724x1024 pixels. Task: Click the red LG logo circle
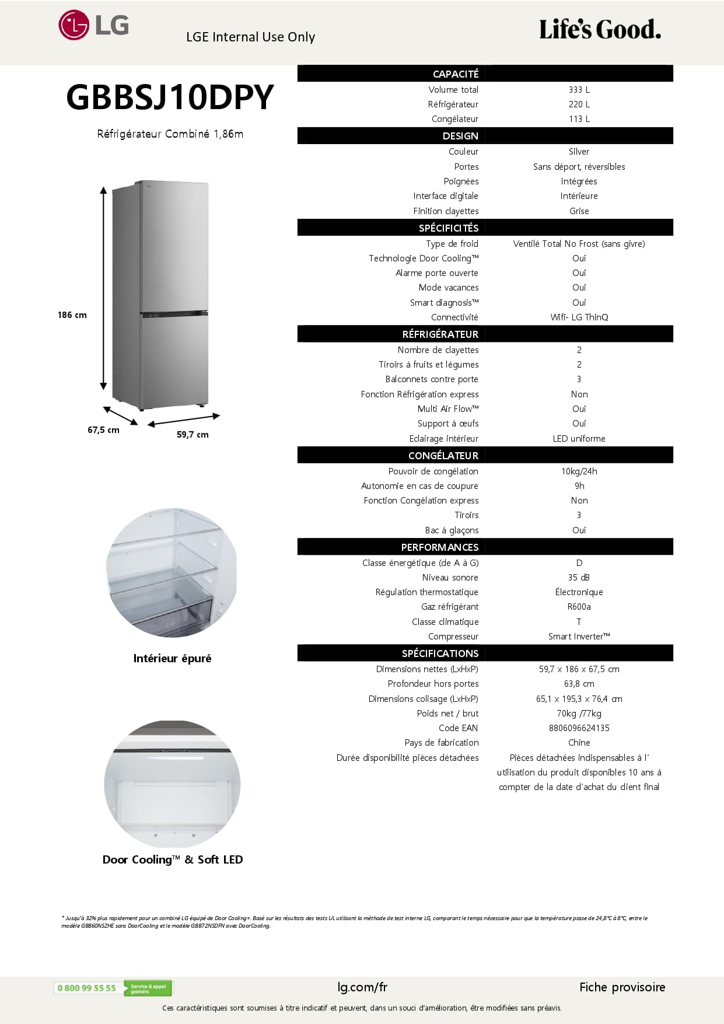[x=74, y=25]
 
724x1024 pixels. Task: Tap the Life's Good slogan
[x=600, y=30]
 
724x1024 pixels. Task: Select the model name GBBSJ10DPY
[x=170, y=97]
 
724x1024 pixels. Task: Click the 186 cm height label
[x=72, y=315]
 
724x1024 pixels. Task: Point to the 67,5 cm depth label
[x=103, y=430]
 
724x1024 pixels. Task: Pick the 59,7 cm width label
[x=193, y=435]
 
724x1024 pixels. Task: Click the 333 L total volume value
[x=579, y=90]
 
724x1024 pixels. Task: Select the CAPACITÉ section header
[x=455, y=74]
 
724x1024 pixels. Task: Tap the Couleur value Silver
[x=579, y=152]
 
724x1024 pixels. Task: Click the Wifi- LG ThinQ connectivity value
[x=579, y=317]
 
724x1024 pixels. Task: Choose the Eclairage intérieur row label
[x=443, y=439]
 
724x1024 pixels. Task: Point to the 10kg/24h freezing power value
[x=579, y=471]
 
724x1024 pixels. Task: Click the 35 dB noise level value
[x=579, y=578]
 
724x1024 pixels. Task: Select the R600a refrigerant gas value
[x=579, y=607]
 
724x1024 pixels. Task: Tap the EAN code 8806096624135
[x=579, y=728]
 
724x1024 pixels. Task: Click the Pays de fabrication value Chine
[x=579, y=743]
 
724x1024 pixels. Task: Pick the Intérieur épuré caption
[x=172, y=659]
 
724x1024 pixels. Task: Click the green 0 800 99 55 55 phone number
[x=87, y=988]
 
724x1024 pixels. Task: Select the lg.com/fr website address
[x=362, y=987]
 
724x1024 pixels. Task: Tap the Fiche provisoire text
[x=622, y=987]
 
